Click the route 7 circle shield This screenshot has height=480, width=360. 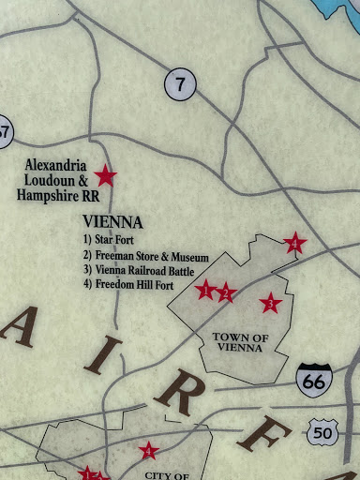pos(180,85)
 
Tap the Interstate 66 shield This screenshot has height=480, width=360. pos(313,379)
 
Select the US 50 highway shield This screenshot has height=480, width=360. pos(322,432)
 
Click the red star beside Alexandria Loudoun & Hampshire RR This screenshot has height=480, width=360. pos(106,175)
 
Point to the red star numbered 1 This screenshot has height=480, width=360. pos(205,290)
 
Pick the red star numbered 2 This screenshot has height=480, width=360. pos(226,294)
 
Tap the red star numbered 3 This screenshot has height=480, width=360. pos(271,303)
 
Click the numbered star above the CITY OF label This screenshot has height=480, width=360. pos(148,452)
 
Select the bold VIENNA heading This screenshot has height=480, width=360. pos(112,222)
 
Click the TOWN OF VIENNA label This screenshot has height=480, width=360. pos(241,342)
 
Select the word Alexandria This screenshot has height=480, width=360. pos(56,163)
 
